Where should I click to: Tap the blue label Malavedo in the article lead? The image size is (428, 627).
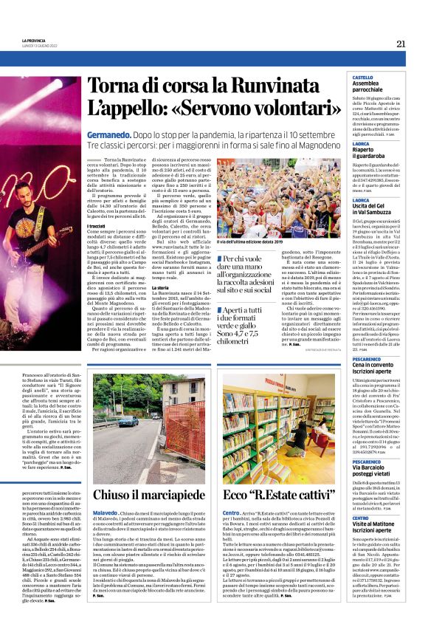point(105,512)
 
